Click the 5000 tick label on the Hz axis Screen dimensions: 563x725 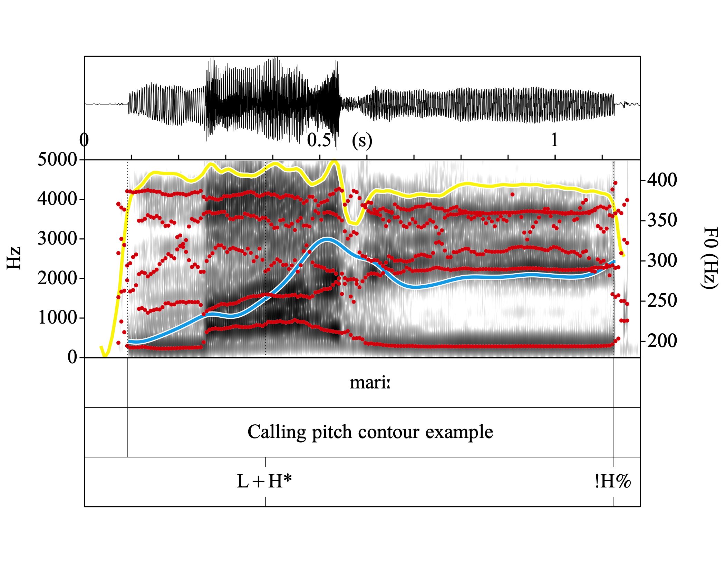click(57, 159)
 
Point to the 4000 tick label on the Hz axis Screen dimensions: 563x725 click(57, 199)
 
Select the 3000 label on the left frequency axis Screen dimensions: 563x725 click(57, 238)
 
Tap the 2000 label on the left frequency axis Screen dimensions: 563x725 click(57, 278)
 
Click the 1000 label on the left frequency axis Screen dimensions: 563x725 click(57, 318)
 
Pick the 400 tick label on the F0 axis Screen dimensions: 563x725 click(662, 180)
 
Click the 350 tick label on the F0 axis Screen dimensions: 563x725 click(662, 220)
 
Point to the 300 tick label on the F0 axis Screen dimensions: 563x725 click(662, 260)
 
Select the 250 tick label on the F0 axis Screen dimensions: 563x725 click(662, 301)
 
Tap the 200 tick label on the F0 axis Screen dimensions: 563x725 click(662, 341)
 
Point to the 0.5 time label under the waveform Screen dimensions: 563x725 click(319, 140)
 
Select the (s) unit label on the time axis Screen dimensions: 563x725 click(362, 141)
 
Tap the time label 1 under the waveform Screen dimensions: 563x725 click(554, 140)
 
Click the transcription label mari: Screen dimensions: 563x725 click(370, 383)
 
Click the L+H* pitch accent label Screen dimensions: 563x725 click(264, 481)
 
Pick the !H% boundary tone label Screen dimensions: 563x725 click(612, 481)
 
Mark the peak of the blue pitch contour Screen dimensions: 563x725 click(327, 239)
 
